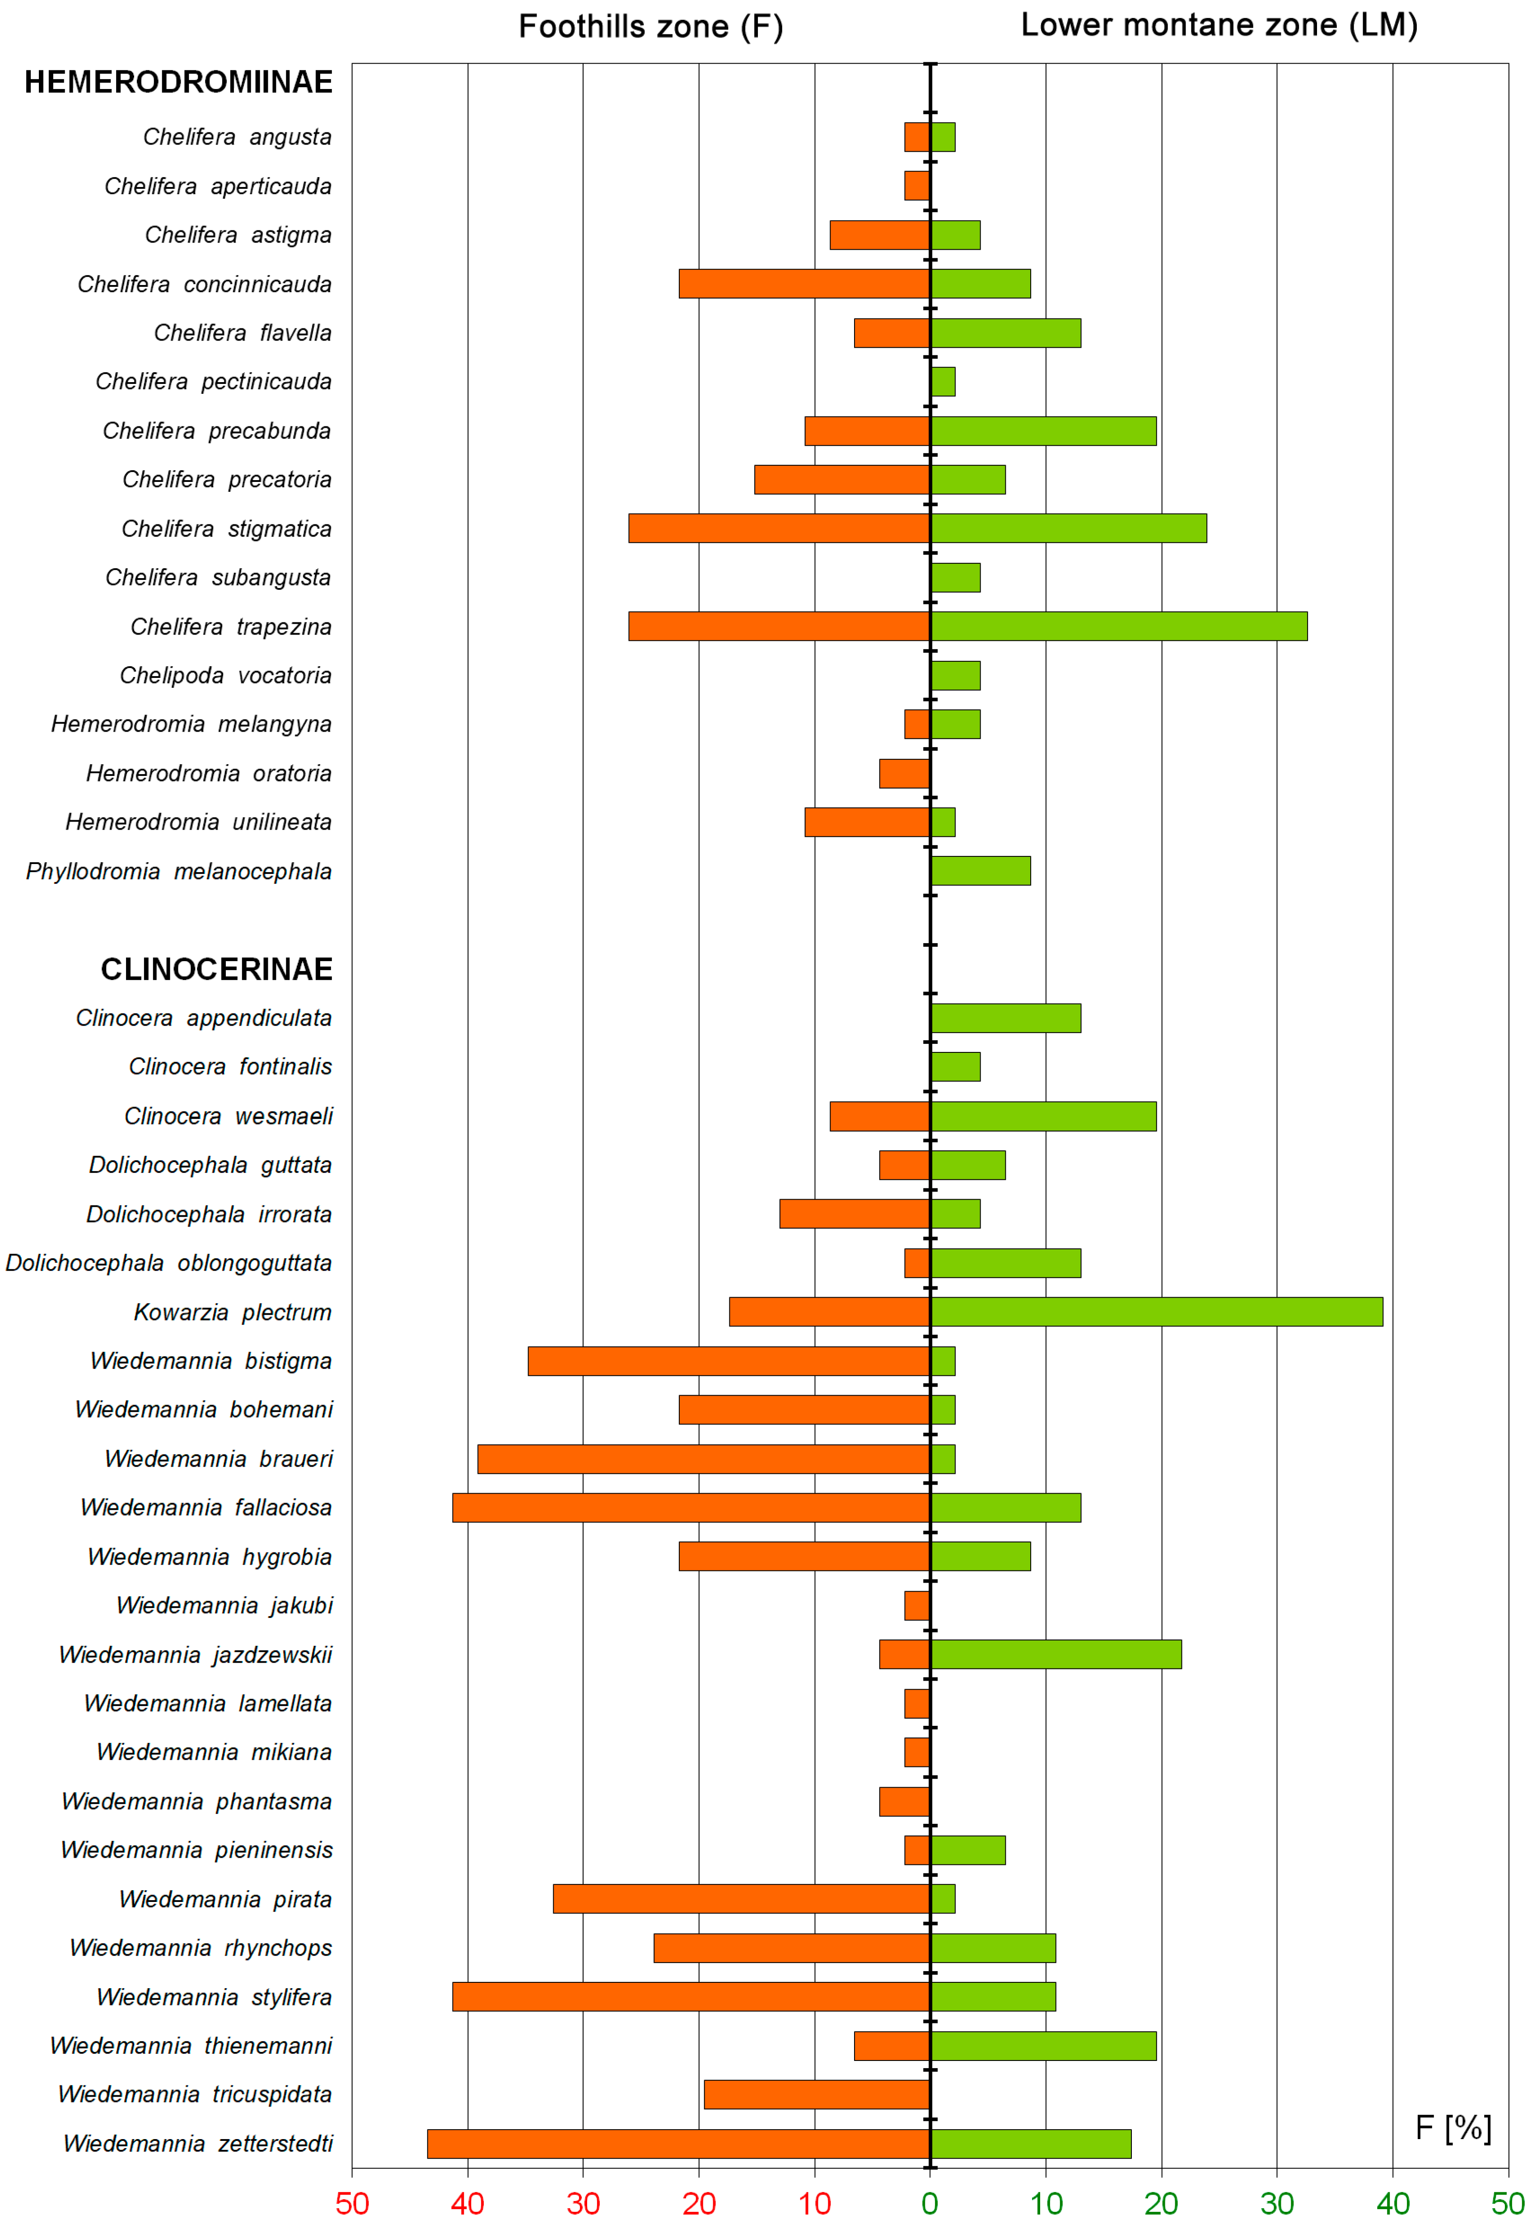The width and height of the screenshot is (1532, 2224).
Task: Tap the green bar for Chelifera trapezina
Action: (1118, 626)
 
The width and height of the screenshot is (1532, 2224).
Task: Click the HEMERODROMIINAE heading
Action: (178, 83)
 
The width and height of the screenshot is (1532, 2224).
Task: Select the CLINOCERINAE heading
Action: (217, 969)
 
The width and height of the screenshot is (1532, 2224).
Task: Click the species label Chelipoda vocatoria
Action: (225, 676)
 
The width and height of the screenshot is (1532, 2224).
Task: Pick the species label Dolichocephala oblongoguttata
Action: (169, 1263)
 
